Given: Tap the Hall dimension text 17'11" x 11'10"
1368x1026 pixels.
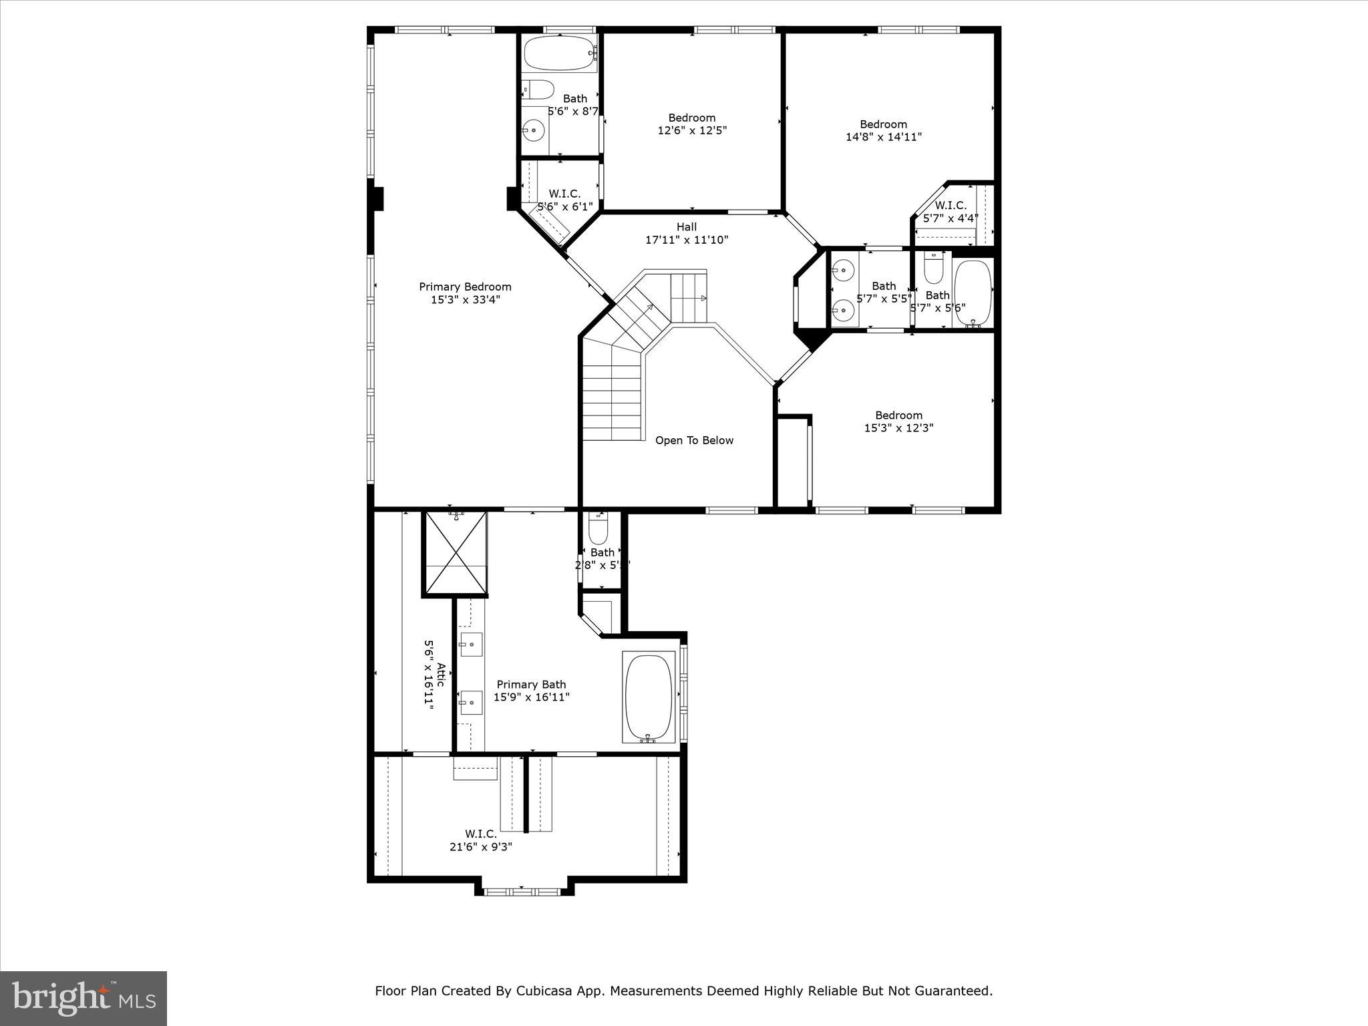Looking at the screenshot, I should tap(686, 240).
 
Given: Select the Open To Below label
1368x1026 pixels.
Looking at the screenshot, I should tap(694, 440).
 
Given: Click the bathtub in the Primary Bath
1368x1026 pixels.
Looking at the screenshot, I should tap(648, 697).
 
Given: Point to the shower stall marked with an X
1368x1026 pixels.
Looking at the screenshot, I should tap(456, 553).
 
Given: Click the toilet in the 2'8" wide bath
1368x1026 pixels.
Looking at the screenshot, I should tap(598, 530).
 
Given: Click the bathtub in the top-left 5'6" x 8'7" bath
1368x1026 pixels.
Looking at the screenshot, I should tap(558, 53).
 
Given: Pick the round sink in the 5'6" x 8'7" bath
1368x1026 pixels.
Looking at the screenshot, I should tap(533, 130).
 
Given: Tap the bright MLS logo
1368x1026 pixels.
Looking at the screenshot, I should tap(83, 998).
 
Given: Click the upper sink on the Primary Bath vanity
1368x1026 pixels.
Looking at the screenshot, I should tap(471, 645).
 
